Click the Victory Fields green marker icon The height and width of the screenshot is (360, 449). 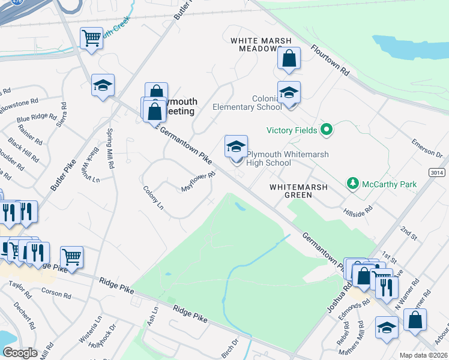pyautogui.click(x=327, y=129)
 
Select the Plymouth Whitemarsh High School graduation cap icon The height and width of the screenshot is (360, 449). pyautogui.click(x=236, y=146)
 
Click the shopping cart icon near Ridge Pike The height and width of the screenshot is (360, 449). pyautogui.click(x=71, y=257)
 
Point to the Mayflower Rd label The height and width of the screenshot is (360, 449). pyautogui.click(x=198, y=183)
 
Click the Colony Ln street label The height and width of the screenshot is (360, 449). pyautogui.click(x=153, y=197)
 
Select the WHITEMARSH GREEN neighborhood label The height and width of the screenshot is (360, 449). pyautogui.click(x=298, y=191)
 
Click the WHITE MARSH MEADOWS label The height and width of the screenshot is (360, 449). pyautogui.click(x=261, y=44)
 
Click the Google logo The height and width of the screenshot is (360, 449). pyautogui.click(x=20, y=353)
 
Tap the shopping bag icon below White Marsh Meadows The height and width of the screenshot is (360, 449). pyautogui.click(x=289, y=59)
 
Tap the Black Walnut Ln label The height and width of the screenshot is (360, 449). pyautogui.click(x=92, y=164)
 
